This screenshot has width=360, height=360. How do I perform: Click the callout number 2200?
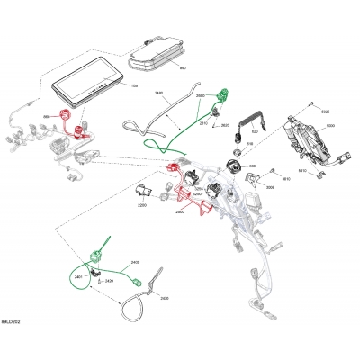point(142,205)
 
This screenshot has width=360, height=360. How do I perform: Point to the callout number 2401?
point(79,277)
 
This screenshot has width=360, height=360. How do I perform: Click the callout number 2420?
point(109,282)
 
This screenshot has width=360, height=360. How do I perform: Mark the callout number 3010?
point(286,178)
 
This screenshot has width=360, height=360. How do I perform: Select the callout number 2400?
point(135,262)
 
